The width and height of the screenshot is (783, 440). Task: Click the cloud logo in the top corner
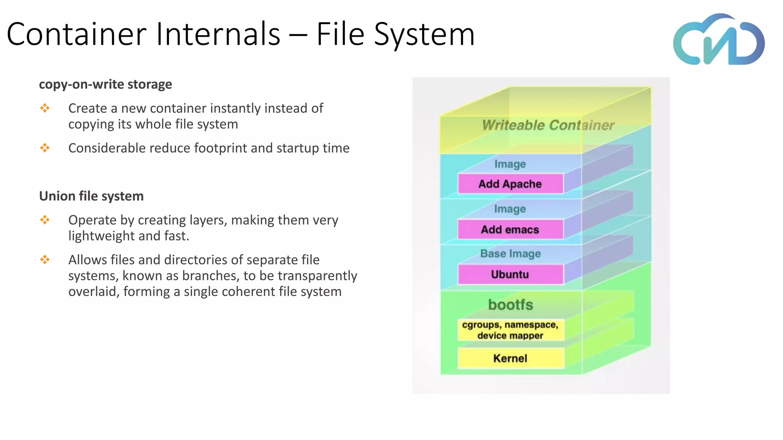pos(719,40)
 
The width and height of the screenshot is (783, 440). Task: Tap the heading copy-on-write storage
pos(106,84)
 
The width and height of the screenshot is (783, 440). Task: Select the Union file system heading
pos(91,196)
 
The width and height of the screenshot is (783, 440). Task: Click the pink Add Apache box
pos(510,184)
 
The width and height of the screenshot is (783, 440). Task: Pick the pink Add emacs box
pos(510,230)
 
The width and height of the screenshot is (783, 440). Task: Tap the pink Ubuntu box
pos(510,275)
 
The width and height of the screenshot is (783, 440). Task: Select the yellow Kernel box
pos(510,358)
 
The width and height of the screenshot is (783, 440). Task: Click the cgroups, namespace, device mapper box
pos(510,330)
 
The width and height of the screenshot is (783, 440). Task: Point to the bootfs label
pos(510,305)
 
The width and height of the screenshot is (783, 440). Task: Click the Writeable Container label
pos(548,125)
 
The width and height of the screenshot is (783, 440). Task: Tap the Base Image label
pos(510,254)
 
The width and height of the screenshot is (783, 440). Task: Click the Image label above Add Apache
pos(510,164)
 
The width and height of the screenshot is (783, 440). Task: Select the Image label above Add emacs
pos(510,209)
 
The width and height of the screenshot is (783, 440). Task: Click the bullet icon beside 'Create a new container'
pos(45,108)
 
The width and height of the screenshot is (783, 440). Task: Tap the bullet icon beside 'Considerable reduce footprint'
pos(45,148)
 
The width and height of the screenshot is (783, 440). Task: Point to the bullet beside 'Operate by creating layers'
pos(45,220)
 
